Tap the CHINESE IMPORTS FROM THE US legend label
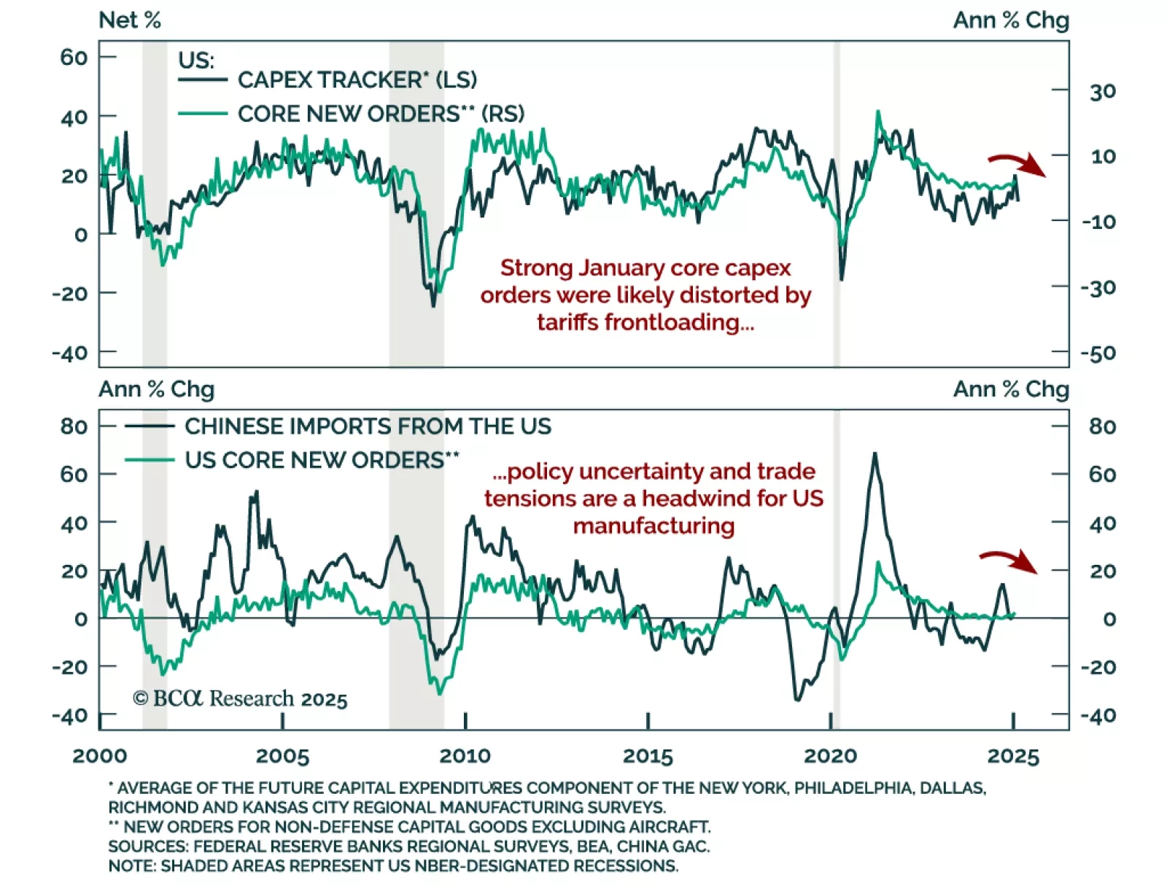tap(368, 426)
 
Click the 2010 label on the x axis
tap(465, 756)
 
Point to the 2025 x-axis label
tap(1013, 756)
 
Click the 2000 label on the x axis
tap(100, 756)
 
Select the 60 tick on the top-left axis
tap(74, 57)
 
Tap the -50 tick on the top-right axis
tap(1098, 354)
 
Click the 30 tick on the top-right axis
tap(1103, 92)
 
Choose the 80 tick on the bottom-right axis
tap(1102, 426)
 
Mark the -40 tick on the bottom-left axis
tap(70, 715)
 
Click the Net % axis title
tap(130, 20)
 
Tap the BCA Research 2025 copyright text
tap(240, 698)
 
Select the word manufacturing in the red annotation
tap(654, 526)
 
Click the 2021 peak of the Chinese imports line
tap(875, 454)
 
